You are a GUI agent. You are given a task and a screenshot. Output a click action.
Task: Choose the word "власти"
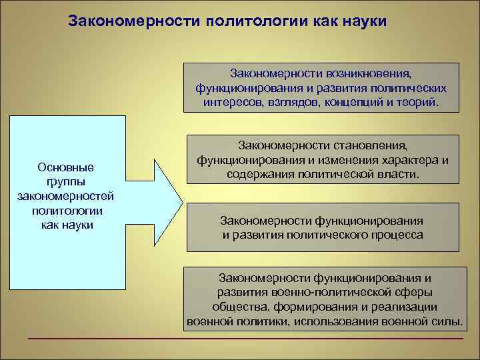point(401,175)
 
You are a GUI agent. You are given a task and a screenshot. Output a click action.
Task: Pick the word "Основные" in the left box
point(66,167)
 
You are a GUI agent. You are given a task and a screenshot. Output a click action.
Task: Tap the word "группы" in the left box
point(66,181)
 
